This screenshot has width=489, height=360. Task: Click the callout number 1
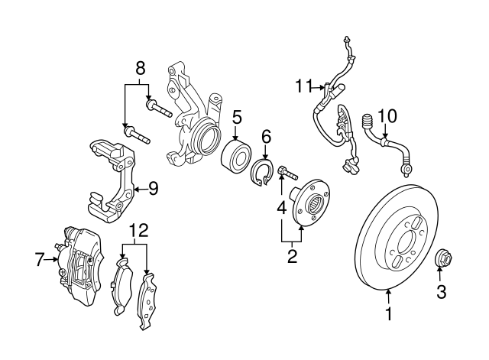pyautogui.click(x=389, y=313)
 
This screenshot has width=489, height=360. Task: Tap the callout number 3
pyautogui.click(x=442, y=292)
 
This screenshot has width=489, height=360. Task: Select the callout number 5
pyautogui.click(x=236, y=118)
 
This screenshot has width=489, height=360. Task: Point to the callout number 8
pyautogui.click(x=141, y=69)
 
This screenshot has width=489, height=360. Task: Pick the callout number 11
pyautogui.click(x=303, y=86)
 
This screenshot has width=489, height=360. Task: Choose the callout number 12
pyautogui.click(x=139, y=231)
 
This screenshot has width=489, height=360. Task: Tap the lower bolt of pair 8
pyautogui.click(x=137, y=135)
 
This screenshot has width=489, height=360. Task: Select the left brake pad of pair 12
pyautogui.click(x=121, y=286)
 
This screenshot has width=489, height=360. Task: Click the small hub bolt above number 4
pyautogui.click(x=288, y=173)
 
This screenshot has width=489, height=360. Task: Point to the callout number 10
pyautogui.click(x=387, y=116)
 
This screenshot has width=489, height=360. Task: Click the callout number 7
pyautogui.click(x=38, y=260)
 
